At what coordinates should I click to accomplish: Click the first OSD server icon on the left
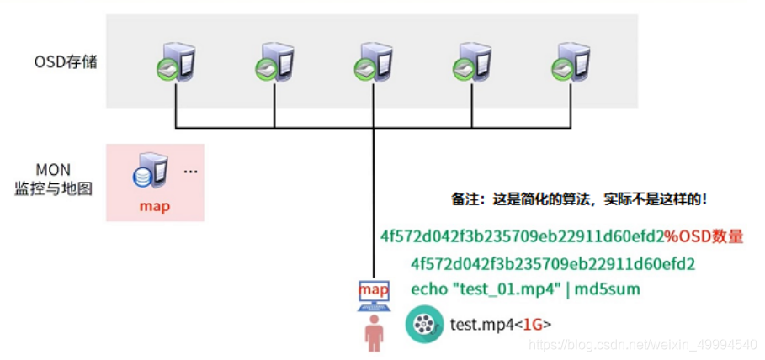pos(176,63)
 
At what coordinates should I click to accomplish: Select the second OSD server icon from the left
pos(275,63)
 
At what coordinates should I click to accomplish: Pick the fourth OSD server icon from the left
pos(472,63)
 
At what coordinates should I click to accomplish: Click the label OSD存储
pos(65,61)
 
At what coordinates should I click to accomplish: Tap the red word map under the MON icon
pos(155,206)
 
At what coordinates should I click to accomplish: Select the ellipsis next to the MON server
pos(190,172)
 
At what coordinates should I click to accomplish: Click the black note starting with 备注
pos(580,200)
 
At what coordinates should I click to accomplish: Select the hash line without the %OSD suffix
pos(553,264)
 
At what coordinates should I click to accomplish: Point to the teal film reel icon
pos(425,325)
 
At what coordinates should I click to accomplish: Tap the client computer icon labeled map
pos(374,294)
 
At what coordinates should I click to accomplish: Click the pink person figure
pos(374,334)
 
